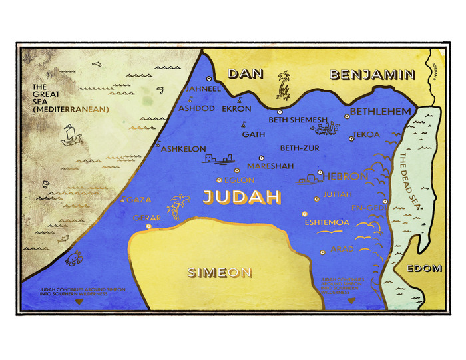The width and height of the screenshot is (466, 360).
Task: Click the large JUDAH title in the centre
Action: tap(241, 198)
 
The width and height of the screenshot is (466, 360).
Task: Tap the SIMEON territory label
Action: tap(219, 271)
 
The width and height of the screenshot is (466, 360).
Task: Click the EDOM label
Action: tap(423, 268)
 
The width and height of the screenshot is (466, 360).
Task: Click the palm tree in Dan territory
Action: tap(284, 85)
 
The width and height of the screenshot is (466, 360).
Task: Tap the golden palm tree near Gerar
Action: tap(177, 207)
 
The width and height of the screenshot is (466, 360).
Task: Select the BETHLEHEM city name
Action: tap(380, 110)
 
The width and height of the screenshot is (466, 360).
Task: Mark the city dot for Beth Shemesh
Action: tap(280, 112)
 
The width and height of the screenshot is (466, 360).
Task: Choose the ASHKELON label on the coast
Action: tap(184, 149)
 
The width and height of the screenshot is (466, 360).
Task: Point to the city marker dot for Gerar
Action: tap(148, 226)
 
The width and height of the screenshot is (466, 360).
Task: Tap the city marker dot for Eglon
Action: tap(220, 180)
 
